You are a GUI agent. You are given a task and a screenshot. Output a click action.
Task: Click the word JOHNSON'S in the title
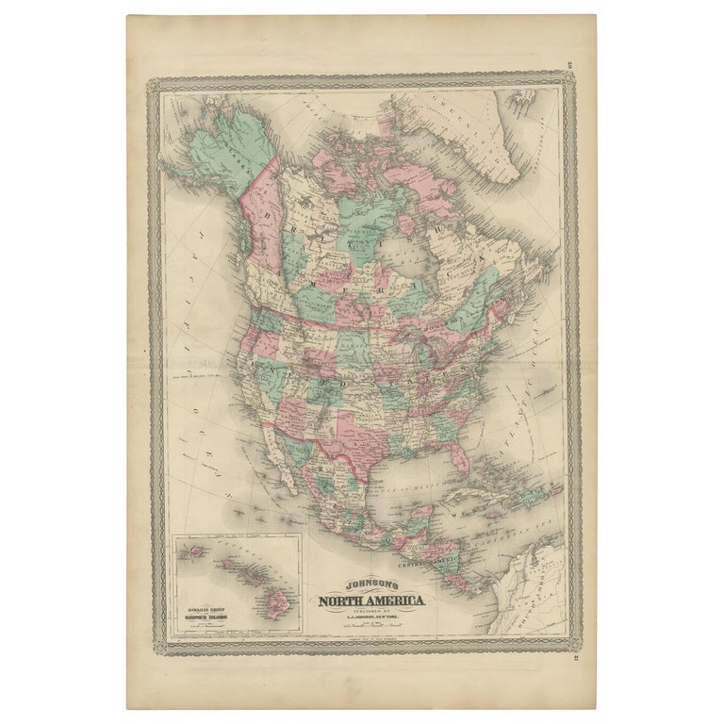pyautogui.click(x=370, y=584)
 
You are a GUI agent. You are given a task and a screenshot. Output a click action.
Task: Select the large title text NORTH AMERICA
pyautogui.click(x=370, y=601)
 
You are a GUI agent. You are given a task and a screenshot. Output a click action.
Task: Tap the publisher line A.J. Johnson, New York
pyautogui.click(x=370, y=618)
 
